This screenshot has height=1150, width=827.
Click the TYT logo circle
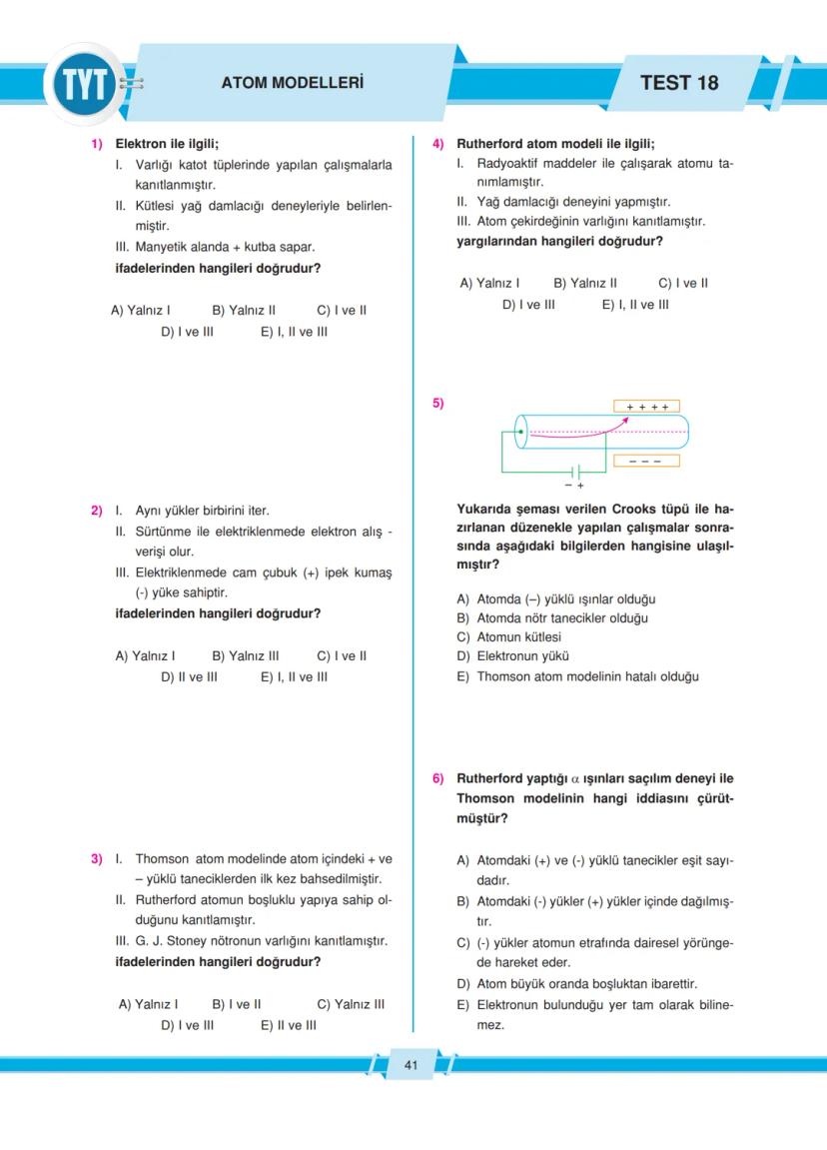tap(84, 84)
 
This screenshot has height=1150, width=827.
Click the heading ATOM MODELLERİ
tap(292, 83)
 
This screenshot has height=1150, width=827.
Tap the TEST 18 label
tap(678, 83)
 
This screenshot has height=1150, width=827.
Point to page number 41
tap(411, 1065)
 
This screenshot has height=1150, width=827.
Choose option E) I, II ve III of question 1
tap(294, 332)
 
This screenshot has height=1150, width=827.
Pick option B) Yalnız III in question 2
tap(245, 656)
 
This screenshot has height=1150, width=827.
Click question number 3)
tap(97, 858)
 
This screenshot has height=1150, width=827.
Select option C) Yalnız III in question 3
tap(350, 1004)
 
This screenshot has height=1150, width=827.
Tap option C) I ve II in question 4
tap(683, 283)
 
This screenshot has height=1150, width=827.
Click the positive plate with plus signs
tap(646, 407)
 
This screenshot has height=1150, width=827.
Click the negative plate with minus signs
tap(646, 461)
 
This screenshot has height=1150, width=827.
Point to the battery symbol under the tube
tap(574, 472)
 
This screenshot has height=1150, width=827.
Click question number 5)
tap(437, 404)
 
